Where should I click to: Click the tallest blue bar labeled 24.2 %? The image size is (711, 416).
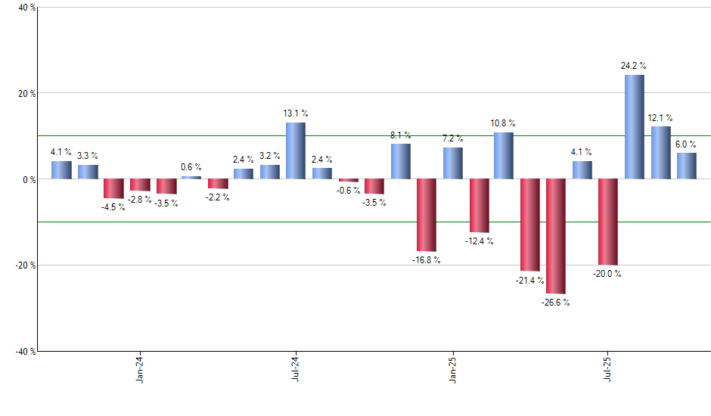(635, 127)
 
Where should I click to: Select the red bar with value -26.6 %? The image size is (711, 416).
(556, 236)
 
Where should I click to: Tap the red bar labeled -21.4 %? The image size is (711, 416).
(529, 225)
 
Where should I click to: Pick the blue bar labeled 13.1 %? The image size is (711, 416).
(296, 151)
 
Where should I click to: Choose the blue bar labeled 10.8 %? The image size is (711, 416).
(504, 156)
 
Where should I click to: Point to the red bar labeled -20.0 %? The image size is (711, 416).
(608, 222)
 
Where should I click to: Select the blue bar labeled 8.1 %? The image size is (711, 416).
(400, 161)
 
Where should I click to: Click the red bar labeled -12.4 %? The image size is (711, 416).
(479, 206)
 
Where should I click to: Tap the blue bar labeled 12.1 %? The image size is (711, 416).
(660, 153)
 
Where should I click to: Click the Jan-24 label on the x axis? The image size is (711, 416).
(140, 368)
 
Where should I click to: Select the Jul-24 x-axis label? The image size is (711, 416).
(295, 368)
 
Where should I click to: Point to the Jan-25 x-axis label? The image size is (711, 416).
(452, 368)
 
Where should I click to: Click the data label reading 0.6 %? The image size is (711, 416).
(191, 167)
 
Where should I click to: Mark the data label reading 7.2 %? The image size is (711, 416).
(453, 138)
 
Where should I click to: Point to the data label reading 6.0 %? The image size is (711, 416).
(686, 144)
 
